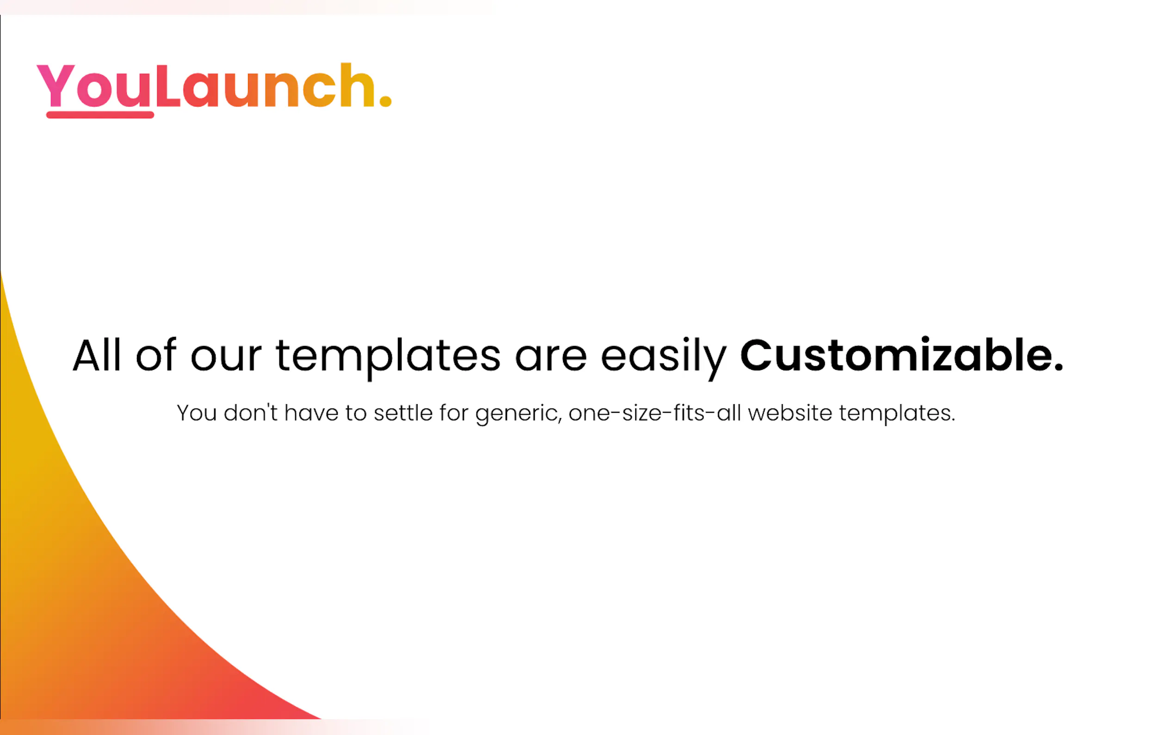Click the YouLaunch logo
coord(214,89)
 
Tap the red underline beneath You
coord(100,115)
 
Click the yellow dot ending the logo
coord(385,100)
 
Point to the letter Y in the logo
coord(56,86)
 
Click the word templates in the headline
coord(388,359)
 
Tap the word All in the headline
coord(97,355)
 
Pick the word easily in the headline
coord(663,359)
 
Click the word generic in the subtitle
coord(519,414)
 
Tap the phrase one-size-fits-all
coord(655,413)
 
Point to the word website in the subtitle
coord(790,413)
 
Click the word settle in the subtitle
coord(403,413)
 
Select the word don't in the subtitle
coord(251,413)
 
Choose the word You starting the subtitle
coord(197,413)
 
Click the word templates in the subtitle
coord(897,414)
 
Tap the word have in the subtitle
coord(311,413)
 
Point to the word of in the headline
coord(156,355)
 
